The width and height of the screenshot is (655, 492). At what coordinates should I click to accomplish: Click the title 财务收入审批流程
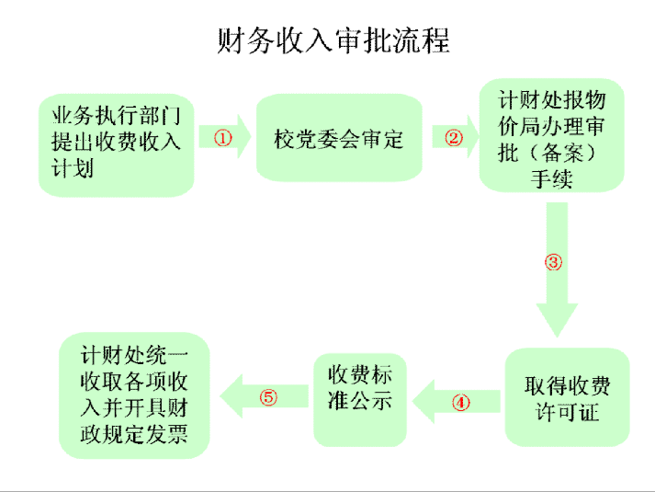pos(333,41)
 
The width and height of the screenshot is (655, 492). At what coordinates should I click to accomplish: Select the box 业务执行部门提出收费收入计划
pos(118,143)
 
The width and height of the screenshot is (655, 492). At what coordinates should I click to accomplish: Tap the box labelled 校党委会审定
pos(338,139)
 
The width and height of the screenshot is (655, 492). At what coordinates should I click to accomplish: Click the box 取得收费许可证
pos(567,397)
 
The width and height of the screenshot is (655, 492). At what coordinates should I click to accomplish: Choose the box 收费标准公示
pos(359,397)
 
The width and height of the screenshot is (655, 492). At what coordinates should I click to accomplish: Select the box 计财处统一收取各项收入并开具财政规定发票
pos(134,395)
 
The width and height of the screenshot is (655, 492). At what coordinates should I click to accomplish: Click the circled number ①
pos(223,138)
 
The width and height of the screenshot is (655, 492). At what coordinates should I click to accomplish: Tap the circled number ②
pos(454,138)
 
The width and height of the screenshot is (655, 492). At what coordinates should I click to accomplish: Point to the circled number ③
pos(553,261)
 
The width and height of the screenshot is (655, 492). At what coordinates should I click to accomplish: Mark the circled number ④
pos(460,402)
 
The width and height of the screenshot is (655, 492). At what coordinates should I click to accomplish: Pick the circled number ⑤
pos(268,397)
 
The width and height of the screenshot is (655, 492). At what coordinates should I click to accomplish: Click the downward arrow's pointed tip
pos(554,335)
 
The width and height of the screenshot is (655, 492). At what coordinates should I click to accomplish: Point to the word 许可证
pos(567,411)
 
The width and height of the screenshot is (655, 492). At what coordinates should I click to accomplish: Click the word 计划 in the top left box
pos(73,167)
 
